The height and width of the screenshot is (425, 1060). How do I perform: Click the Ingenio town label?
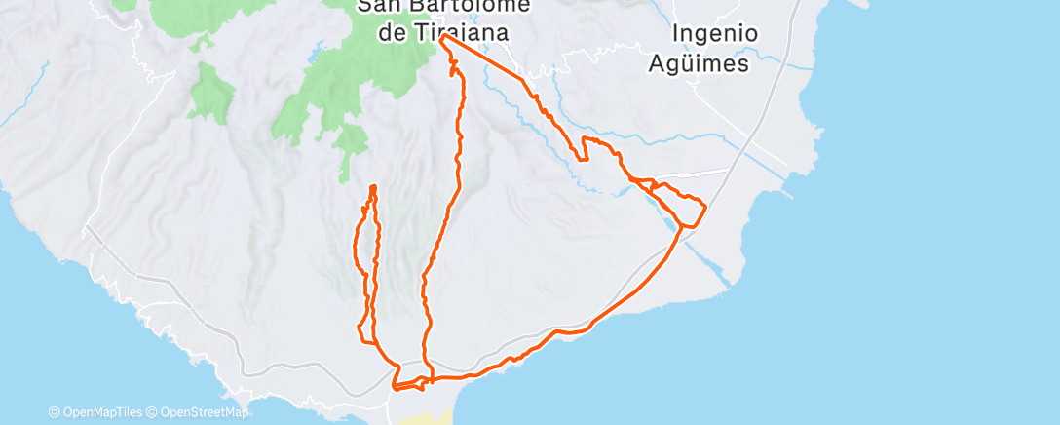pos(715,33)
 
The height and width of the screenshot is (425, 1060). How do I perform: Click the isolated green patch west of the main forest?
pos(212,93)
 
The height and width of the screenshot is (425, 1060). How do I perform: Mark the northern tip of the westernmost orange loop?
pos(373,186)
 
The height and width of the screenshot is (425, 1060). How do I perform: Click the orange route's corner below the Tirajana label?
pos(443,40)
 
